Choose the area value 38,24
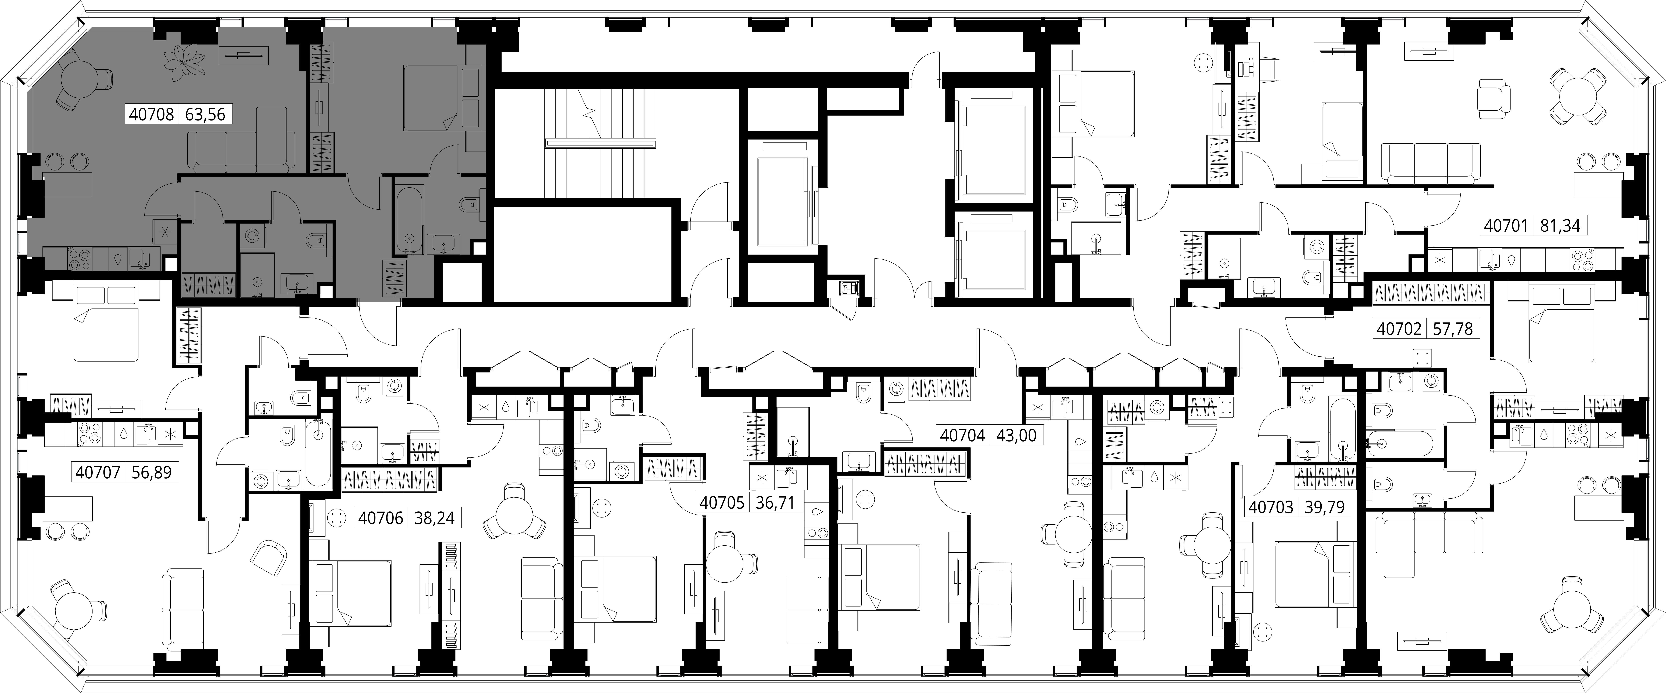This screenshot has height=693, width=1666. (x=435, y=519)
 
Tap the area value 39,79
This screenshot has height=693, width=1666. (x=1324, y=508)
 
